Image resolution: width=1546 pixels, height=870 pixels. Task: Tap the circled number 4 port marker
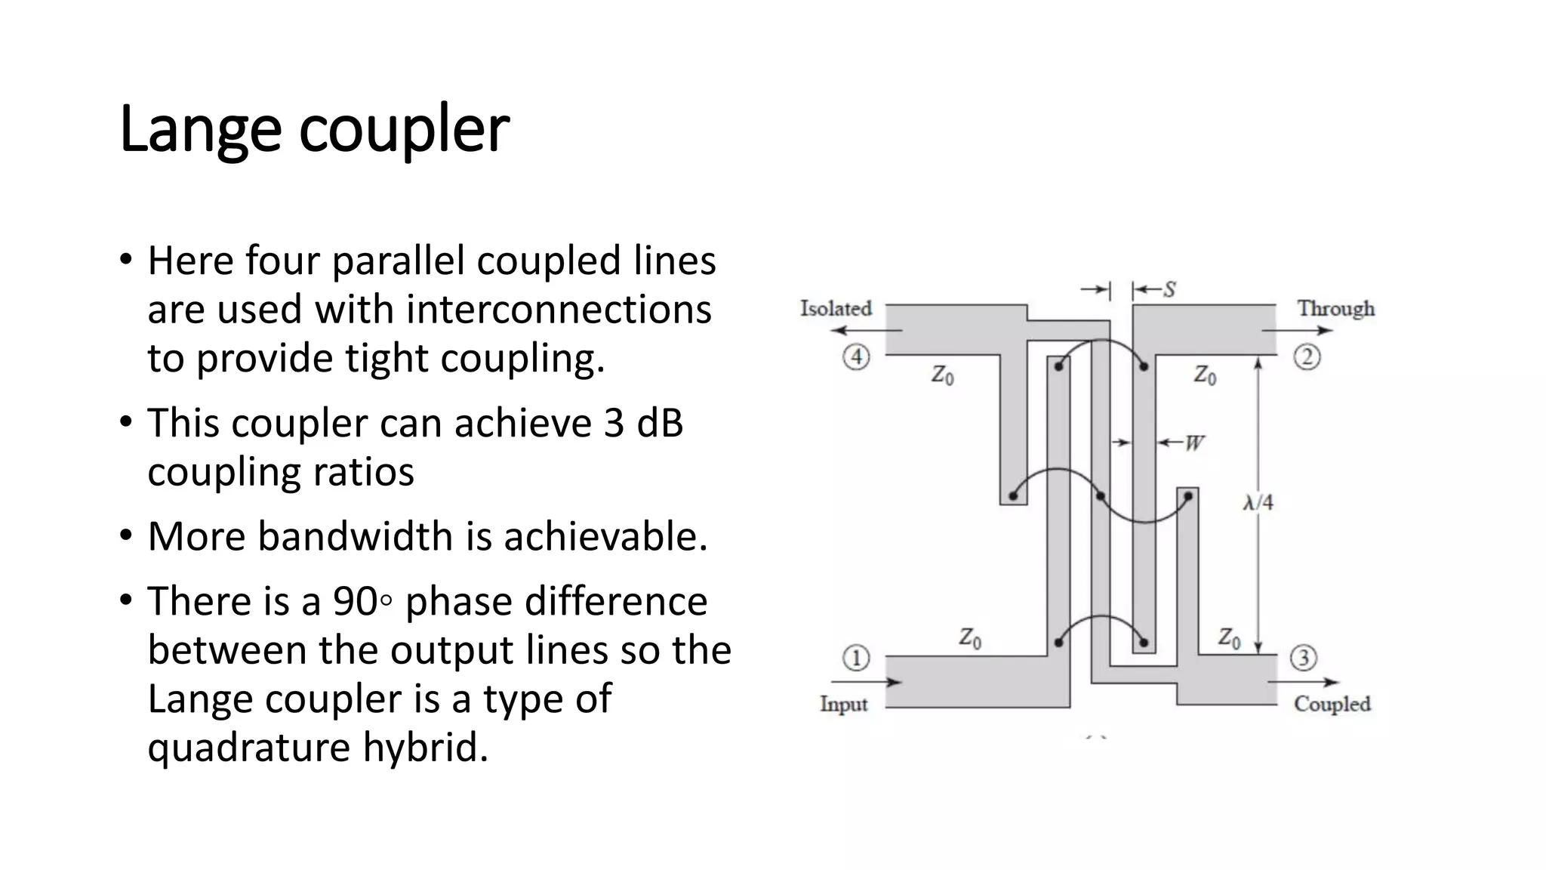point(856,356)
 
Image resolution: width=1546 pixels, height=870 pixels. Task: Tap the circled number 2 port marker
point(1307,356)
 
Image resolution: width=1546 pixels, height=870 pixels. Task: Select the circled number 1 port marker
point(856,658)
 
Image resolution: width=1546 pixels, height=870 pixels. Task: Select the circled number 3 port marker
point(1304,658)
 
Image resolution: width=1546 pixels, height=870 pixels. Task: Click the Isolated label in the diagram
point(836,308)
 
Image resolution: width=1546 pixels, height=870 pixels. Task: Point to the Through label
point(1335,308)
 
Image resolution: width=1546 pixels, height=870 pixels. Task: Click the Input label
point(843,704)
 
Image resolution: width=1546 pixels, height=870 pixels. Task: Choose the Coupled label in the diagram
point(1332,704)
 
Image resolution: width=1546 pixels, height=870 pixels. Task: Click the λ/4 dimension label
point(1258,502)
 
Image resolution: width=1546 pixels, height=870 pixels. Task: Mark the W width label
point(1193,443)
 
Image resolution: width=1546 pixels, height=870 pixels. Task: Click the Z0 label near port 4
point(942,375)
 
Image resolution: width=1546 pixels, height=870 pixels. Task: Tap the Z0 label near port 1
point(970,639)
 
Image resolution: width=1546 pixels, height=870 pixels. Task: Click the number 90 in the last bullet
point(355,602)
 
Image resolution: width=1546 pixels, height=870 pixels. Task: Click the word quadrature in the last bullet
point(249,748)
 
